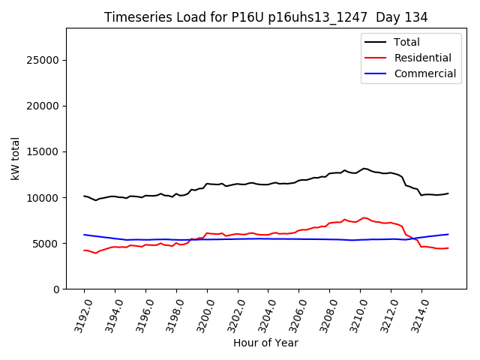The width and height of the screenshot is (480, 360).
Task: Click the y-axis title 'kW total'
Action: coord(15,158)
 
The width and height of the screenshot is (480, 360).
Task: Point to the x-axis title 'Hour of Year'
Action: coord(265,343)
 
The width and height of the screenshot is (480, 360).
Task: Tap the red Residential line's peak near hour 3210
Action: coord(364,217)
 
